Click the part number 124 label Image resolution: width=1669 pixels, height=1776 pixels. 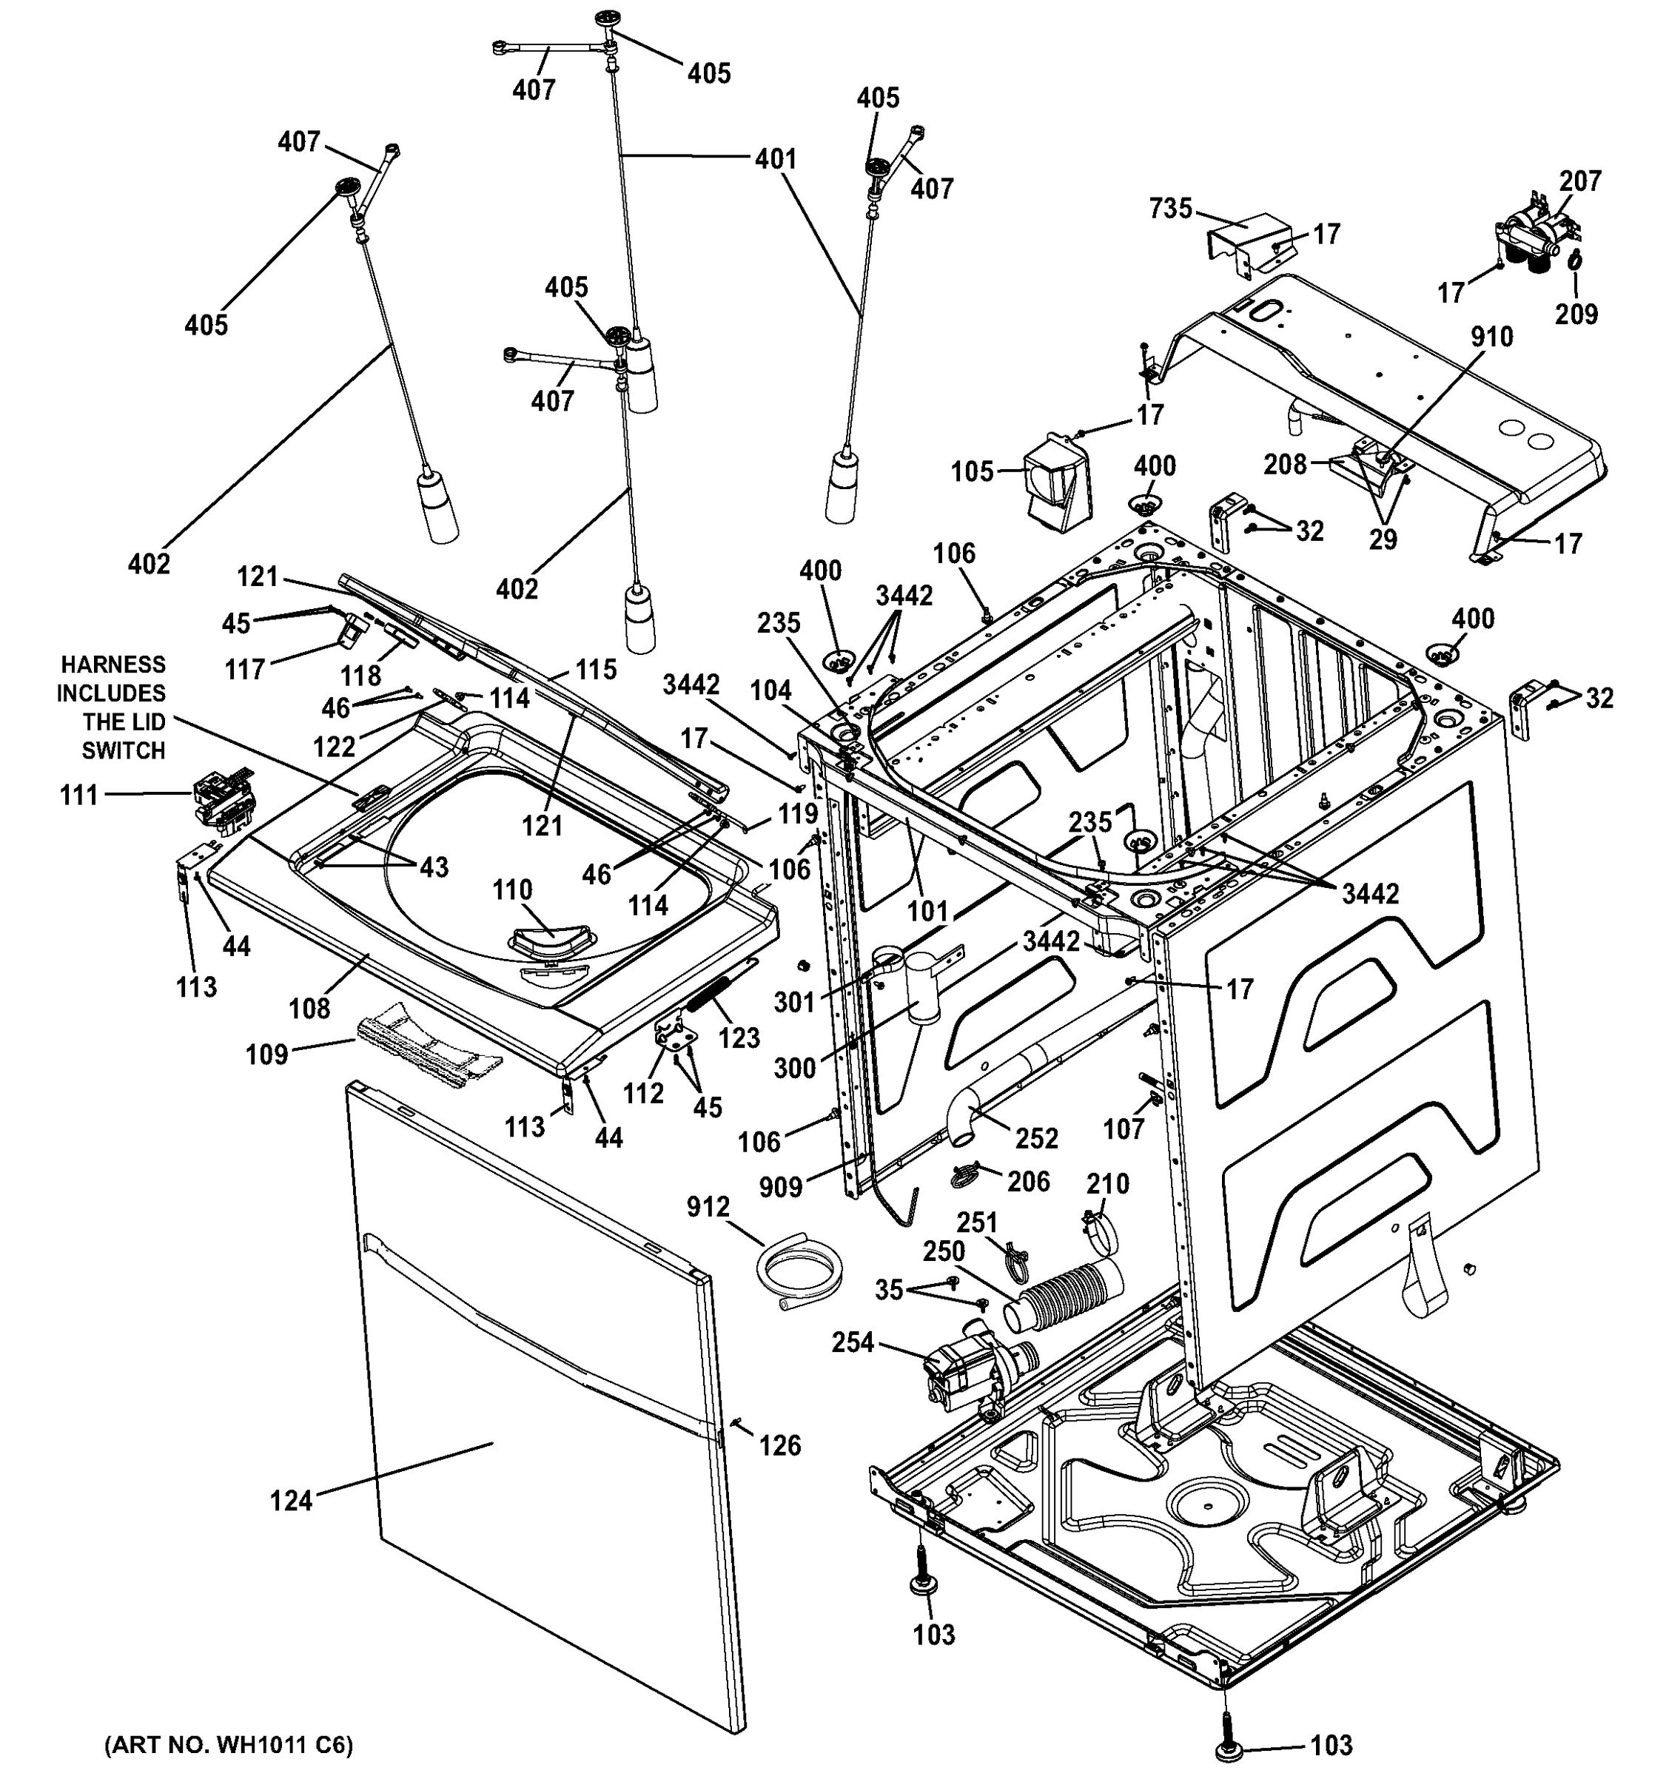[x=292, y=1500]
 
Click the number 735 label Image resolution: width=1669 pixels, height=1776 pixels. [x=1170, y=209]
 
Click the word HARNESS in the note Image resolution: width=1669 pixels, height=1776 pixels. [x=113, y=665]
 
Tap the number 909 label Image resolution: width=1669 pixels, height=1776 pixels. [x=782, y=1187]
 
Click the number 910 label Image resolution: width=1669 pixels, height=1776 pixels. [x=1491, y=337]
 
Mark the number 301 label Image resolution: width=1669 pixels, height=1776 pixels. [x=794, y=1003]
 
